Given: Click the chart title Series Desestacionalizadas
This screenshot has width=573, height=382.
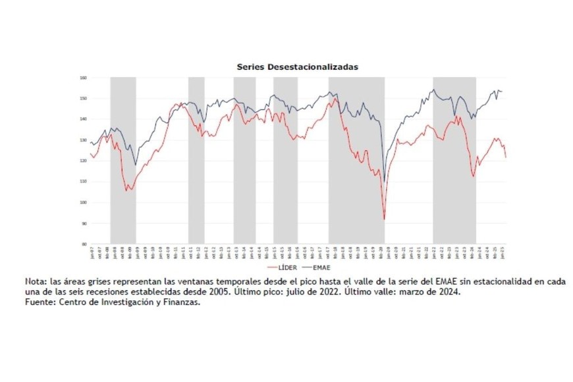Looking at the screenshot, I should [298, 67].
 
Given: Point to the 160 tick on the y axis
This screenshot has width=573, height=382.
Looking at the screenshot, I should [84, 78].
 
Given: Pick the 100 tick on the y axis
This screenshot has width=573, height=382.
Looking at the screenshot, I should [84, 202].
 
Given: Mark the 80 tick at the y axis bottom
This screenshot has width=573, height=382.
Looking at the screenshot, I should [84, 244].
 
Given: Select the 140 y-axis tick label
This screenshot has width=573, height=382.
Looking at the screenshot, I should [84, 119].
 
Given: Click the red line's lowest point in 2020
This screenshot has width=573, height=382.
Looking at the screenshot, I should [384, 219].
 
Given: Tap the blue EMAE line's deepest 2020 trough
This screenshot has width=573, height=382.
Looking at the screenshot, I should [384, 181].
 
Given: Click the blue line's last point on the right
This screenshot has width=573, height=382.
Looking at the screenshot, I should [503, 92].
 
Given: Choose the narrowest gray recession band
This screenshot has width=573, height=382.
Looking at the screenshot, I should [196, 160].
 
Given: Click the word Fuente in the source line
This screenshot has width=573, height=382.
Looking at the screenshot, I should [41, 301].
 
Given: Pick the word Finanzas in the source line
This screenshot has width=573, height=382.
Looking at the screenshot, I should [179, 301].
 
